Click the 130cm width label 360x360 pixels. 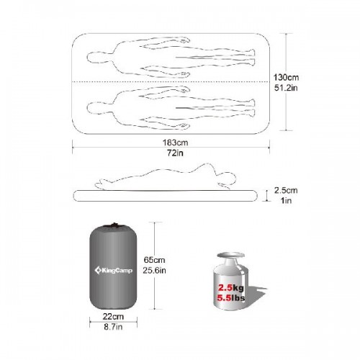click(286, 77)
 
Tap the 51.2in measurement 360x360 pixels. click(286, 88)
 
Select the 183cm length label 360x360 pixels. click(176, 143)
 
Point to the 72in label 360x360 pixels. click(176, 153)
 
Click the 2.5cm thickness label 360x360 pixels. click(286, 190)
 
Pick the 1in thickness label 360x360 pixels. click(286, 200)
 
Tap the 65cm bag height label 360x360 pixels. click(154, 260)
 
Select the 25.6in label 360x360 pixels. click(154, 271)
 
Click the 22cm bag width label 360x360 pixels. click(113, 317)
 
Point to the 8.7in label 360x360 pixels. click(113, 327)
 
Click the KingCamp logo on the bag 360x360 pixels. click(113, 271)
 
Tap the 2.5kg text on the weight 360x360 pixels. click(230, 288)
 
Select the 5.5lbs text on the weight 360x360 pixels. click(231, 298)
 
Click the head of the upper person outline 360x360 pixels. click(94, 58)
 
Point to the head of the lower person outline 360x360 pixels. click(94, 107)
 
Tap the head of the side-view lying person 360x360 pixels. click(228, 179)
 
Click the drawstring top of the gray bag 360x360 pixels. click(113, 225)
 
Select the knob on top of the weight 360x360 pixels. click(230, 256)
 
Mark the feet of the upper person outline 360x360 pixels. click(251, 57)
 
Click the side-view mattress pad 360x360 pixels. click(165, 196)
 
